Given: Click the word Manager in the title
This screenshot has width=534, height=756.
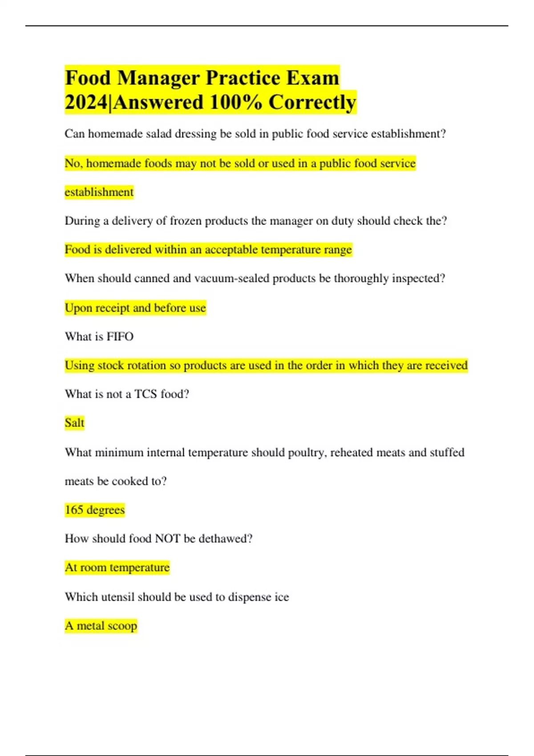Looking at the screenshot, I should pyautogui.click(x=158, y=78).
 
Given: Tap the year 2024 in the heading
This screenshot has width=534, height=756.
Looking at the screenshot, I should pyautogui.click(x=86, y=102).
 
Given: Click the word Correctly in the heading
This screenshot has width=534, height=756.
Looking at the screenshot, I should pyautogui.click(x=312, y=102).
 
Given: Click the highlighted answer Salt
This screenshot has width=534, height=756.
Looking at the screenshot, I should pyautogui.click(x=74, y=422).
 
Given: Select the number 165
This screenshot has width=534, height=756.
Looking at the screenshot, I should pyautogui.click(x=74, y=510).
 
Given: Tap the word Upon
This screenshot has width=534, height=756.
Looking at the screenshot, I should pyautogui.click(x=76, y=308).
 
